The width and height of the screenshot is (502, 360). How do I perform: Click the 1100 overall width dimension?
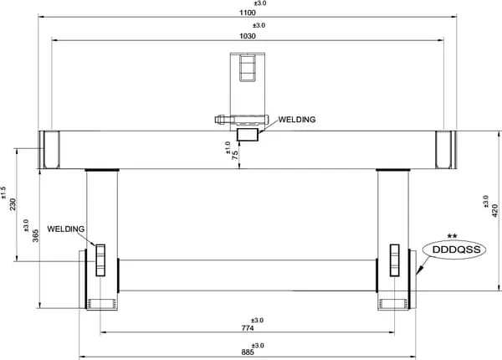248,13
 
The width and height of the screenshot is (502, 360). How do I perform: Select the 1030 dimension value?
248,36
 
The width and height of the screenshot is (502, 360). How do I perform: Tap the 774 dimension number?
248,328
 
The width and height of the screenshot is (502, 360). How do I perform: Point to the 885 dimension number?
248,352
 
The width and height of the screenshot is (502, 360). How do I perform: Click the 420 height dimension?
495,211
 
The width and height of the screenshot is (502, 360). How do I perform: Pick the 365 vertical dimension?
35,236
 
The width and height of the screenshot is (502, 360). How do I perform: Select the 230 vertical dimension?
13,204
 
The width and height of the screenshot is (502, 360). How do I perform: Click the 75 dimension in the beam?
235,155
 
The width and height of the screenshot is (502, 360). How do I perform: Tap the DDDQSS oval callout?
454,249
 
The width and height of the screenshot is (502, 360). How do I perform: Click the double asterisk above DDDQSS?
452,236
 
